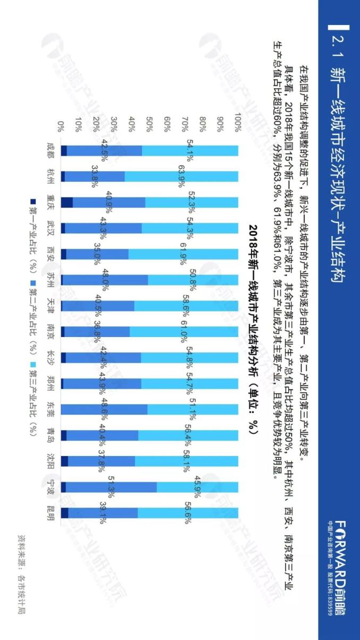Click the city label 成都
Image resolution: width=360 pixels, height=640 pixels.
click(x=51, y=147)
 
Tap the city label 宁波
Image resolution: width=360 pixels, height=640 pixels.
click(x=51, y=486)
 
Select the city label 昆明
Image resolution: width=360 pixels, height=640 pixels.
click(x=51, y=515)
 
